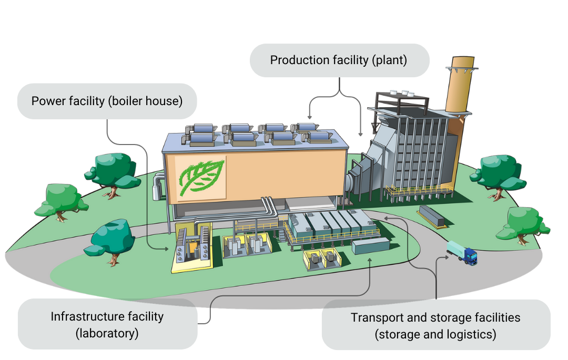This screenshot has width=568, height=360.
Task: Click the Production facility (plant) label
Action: pos(339,60)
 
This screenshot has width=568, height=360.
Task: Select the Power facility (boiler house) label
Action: pos(107,101)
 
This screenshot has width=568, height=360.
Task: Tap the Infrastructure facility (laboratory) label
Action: pos(107,324)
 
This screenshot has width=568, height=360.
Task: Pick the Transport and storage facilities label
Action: pos(435,325)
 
